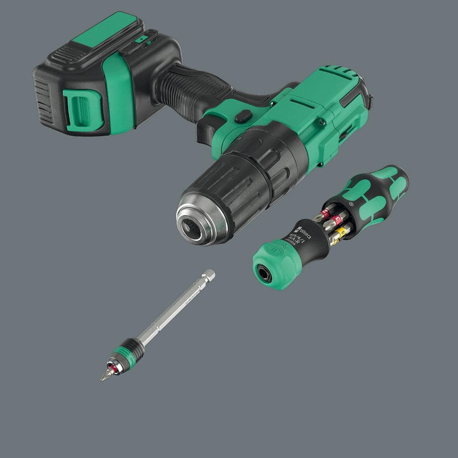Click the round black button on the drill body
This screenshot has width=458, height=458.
242,116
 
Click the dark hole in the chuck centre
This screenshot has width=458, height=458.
192,228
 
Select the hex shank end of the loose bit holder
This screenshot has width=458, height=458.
209,275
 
